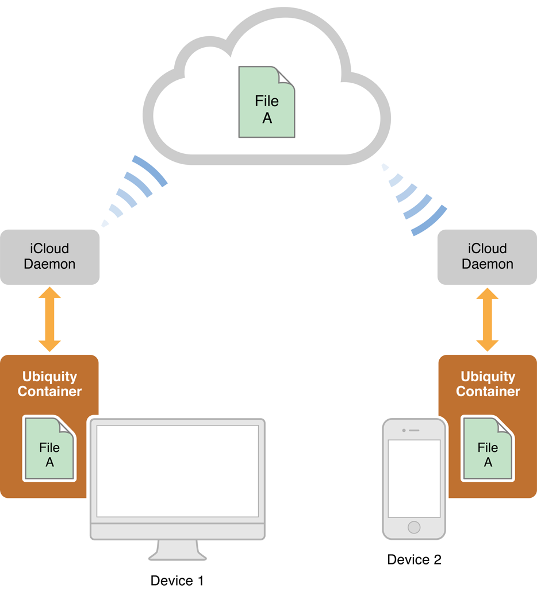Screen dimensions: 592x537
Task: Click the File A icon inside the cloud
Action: point(267,102)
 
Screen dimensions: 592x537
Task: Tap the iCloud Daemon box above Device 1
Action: point(49,257)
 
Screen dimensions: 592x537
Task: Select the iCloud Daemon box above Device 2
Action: point(487,257)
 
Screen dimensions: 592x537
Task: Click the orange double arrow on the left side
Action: point(49,319)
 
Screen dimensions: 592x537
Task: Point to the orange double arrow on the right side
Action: point(487,319)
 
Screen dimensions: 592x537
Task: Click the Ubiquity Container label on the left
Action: point(49,384)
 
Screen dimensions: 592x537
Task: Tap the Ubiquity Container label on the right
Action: point(488,384)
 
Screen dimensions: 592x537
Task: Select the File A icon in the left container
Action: point(49,448)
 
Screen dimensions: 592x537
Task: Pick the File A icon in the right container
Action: point(488,448)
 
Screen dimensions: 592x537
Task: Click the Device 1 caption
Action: point(177,581)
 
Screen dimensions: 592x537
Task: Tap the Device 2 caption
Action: point(414,560)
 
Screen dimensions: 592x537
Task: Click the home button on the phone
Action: point(414,527)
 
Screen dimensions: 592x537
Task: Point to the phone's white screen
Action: point(414,478)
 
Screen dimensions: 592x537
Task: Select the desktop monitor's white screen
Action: point(177,471)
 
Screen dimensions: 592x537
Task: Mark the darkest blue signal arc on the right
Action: point(429,222)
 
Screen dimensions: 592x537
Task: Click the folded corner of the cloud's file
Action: point(286,76)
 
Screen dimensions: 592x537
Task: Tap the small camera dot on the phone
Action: point(404,430)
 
